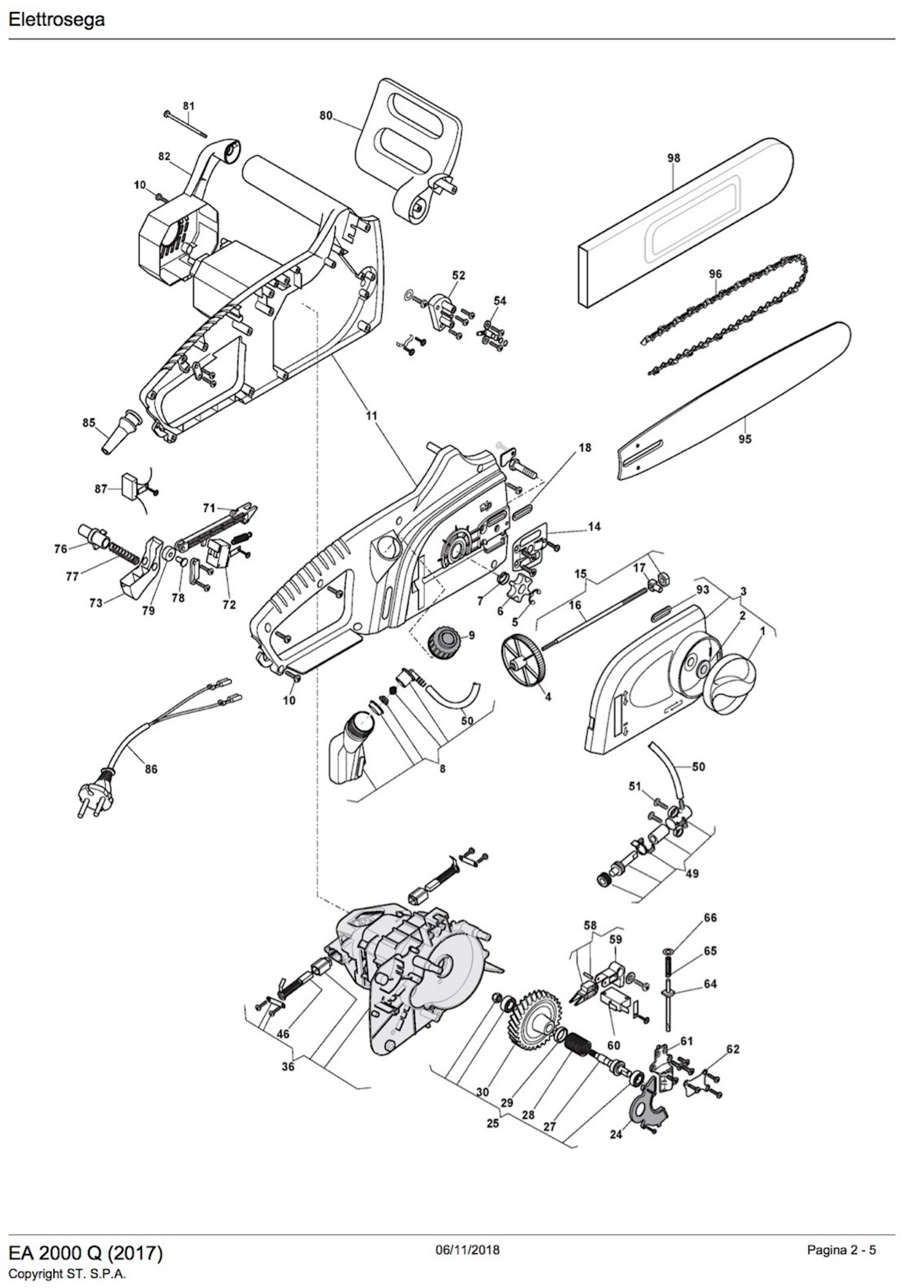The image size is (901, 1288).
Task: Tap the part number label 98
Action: (673, 158)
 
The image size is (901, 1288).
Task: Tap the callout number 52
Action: (458, 276)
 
